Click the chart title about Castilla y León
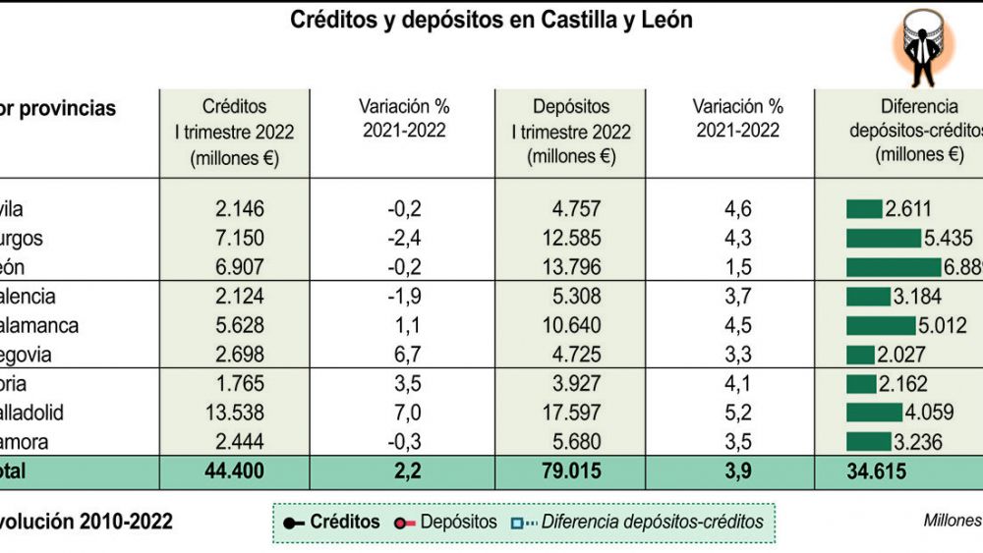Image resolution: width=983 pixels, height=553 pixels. [x=491, y=20]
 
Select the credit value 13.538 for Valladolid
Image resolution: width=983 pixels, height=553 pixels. [x=233, y=413]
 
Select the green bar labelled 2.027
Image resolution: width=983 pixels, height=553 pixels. [x=860, y=355]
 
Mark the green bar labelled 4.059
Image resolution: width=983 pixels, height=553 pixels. [x=874, y=413]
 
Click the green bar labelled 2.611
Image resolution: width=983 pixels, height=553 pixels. [x=864, y=208]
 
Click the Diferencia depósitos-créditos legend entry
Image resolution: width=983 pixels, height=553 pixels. [x=638, y=523]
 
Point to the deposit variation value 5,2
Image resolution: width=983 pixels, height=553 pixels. [x=737, y=413]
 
